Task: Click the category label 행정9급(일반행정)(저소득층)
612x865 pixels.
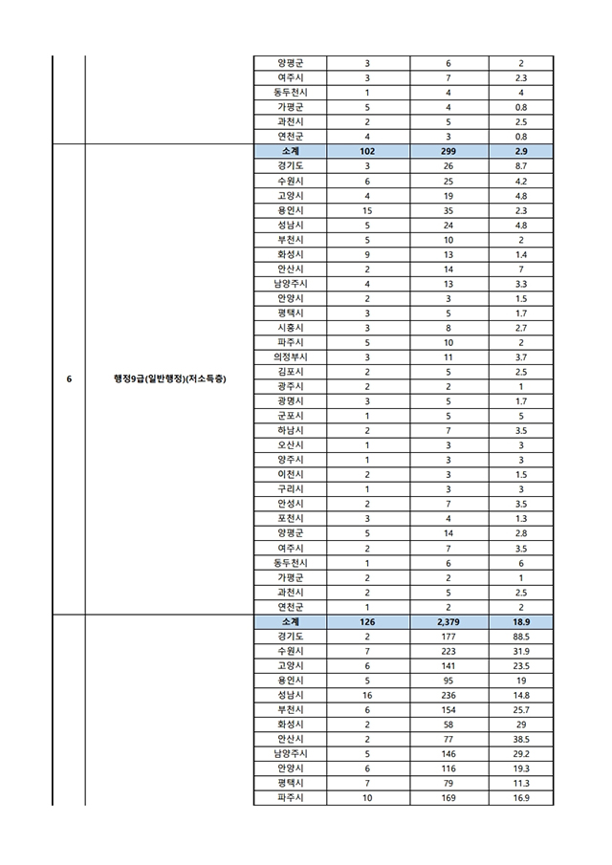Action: (168, 379)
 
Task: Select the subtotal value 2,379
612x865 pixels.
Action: (448, 622)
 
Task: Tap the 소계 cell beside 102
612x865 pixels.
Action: (290, 151)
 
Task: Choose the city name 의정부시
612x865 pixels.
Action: (290, 357)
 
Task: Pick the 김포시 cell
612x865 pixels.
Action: (290, 372)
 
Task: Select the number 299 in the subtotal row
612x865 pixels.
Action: (448, 151)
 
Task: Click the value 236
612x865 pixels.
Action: (448, 696)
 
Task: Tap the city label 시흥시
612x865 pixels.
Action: (290, 328)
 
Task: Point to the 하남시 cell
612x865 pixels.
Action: (290, 431)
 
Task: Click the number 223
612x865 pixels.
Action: (448, 652)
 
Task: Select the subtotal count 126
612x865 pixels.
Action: (368, 622)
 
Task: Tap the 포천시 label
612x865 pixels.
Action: (290, 519)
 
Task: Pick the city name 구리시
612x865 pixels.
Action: (290, 489)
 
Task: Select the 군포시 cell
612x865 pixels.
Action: (290, 416)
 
